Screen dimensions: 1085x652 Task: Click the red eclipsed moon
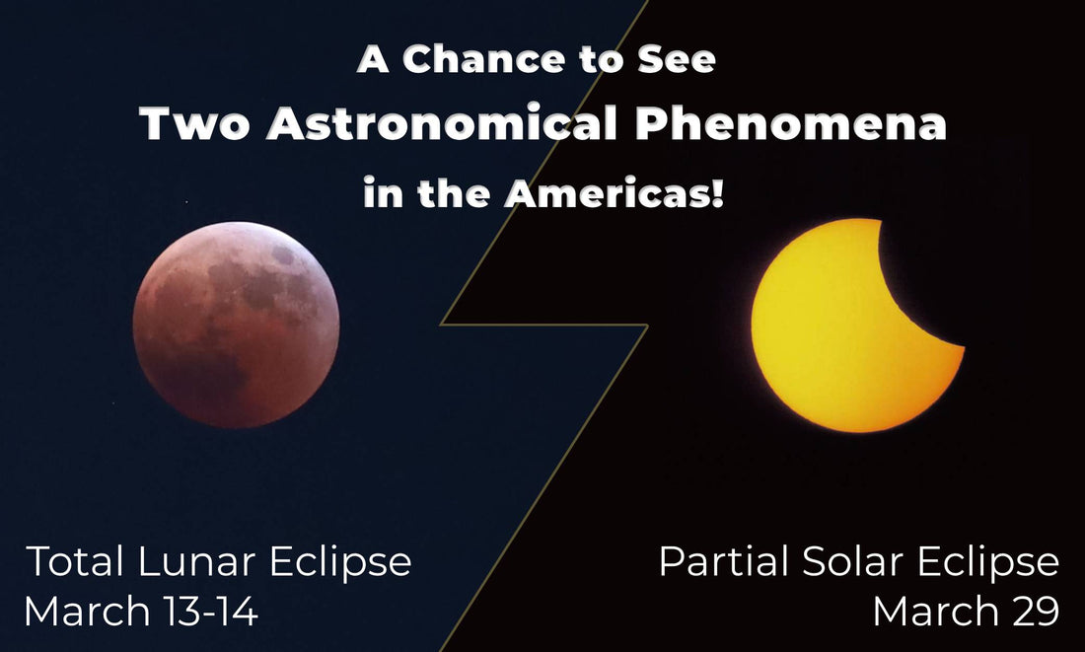tap(236, 325)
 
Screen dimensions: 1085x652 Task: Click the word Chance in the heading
tap(483, 59)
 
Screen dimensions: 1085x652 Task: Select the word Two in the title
tap(194, 124)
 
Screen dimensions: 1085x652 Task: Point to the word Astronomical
tap(442, 124)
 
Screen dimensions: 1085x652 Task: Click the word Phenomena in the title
tap(791, 124)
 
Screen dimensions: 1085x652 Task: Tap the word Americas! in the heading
tap(615, 193)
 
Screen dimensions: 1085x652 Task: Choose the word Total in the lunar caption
tap(75, 560)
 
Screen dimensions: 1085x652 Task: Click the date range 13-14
tap(210, 612)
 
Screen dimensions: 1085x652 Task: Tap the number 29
tap(1033, 612)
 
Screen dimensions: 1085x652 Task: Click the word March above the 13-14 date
tap(87, 612)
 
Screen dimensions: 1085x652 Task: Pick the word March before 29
tap(934, 612)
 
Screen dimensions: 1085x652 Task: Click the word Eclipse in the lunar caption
tap(340, 562)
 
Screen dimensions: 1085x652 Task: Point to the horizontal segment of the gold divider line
tap(543, 325)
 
